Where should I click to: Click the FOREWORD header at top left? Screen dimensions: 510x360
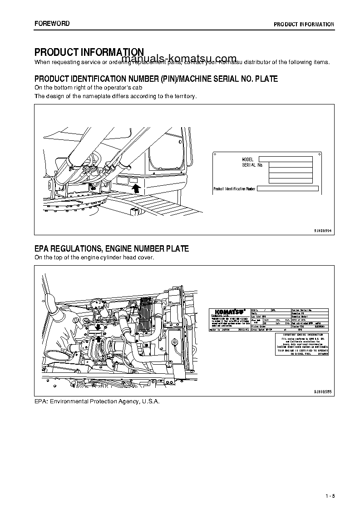[52, 23]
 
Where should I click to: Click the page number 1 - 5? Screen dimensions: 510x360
[330, 495]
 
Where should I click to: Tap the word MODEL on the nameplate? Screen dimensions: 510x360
[247, 160]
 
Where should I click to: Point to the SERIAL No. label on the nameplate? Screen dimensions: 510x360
[252, 165]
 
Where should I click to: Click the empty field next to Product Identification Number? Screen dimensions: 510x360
[288, 189]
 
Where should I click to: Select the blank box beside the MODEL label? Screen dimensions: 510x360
[286, 159]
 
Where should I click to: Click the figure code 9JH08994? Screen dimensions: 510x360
[323, 231]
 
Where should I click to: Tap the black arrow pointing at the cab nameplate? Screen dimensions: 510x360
[135, 183]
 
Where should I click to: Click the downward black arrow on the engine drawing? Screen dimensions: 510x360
[98, 327]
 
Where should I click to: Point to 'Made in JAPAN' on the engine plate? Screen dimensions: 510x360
[221, 332]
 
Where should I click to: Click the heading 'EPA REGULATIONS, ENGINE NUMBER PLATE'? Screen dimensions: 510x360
[112, 249]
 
